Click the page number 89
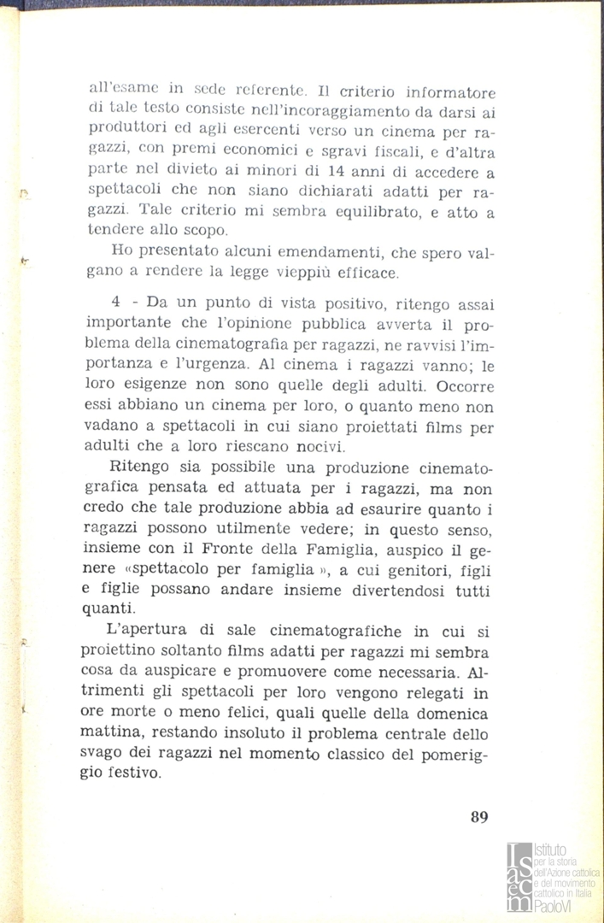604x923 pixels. pos(478,816)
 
